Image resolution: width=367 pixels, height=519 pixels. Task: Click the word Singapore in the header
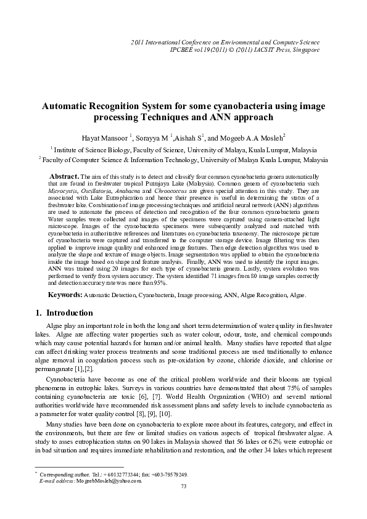point(304,49)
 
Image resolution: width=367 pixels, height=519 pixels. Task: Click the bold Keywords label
point(65,296)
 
